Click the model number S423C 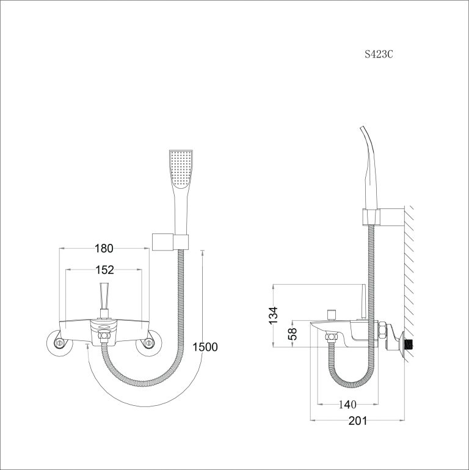(x=379, y=54)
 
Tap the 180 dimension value (x=104, y=249)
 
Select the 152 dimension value (x=104, y=270)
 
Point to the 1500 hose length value (x=205, y=347)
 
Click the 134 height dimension (x=273, y=315)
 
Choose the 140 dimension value (x=347, y=405)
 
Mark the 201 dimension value (x=358, y=421)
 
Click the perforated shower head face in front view (x=181, y=169)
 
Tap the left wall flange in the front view (x=59, y=343)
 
